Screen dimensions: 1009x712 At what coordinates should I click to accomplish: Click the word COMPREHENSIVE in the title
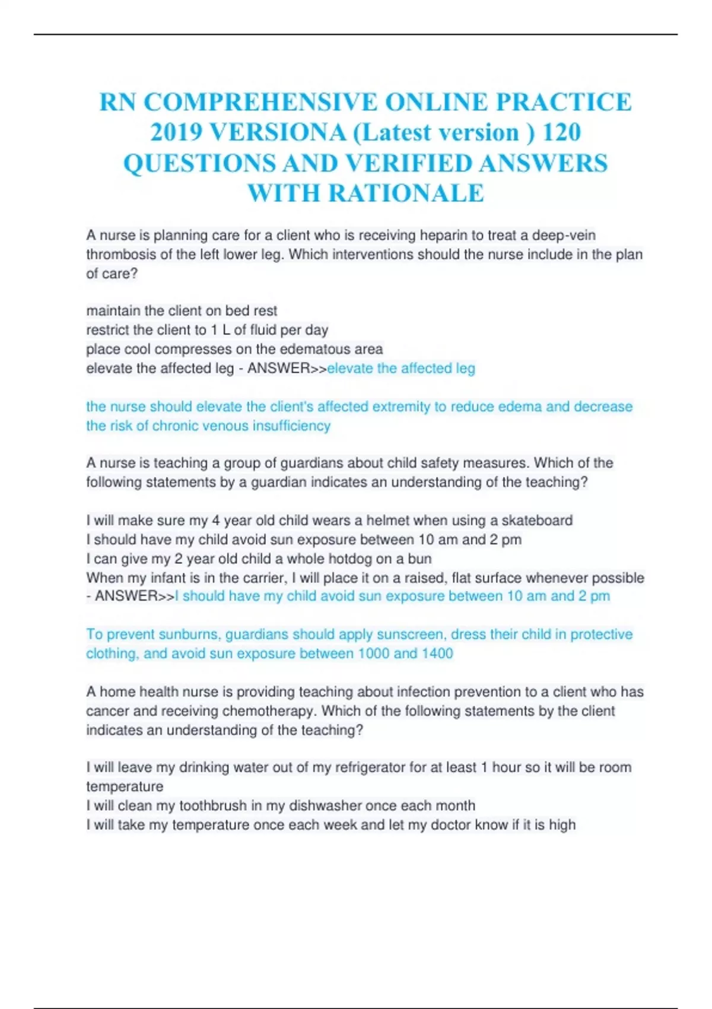click(x=259, y=102)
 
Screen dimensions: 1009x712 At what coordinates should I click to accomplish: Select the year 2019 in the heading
click(x=176, y=132)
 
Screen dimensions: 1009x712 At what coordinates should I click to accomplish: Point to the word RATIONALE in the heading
click(x=406, y=193)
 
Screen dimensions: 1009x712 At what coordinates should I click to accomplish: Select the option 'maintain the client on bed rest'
click(x=182, y=311)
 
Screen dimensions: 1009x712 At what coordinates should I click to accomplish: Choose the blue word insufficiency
click(x=291, y=426)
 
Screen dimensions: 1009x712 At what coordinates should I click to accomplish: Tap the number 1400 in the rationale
click(x=437, y=653)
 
